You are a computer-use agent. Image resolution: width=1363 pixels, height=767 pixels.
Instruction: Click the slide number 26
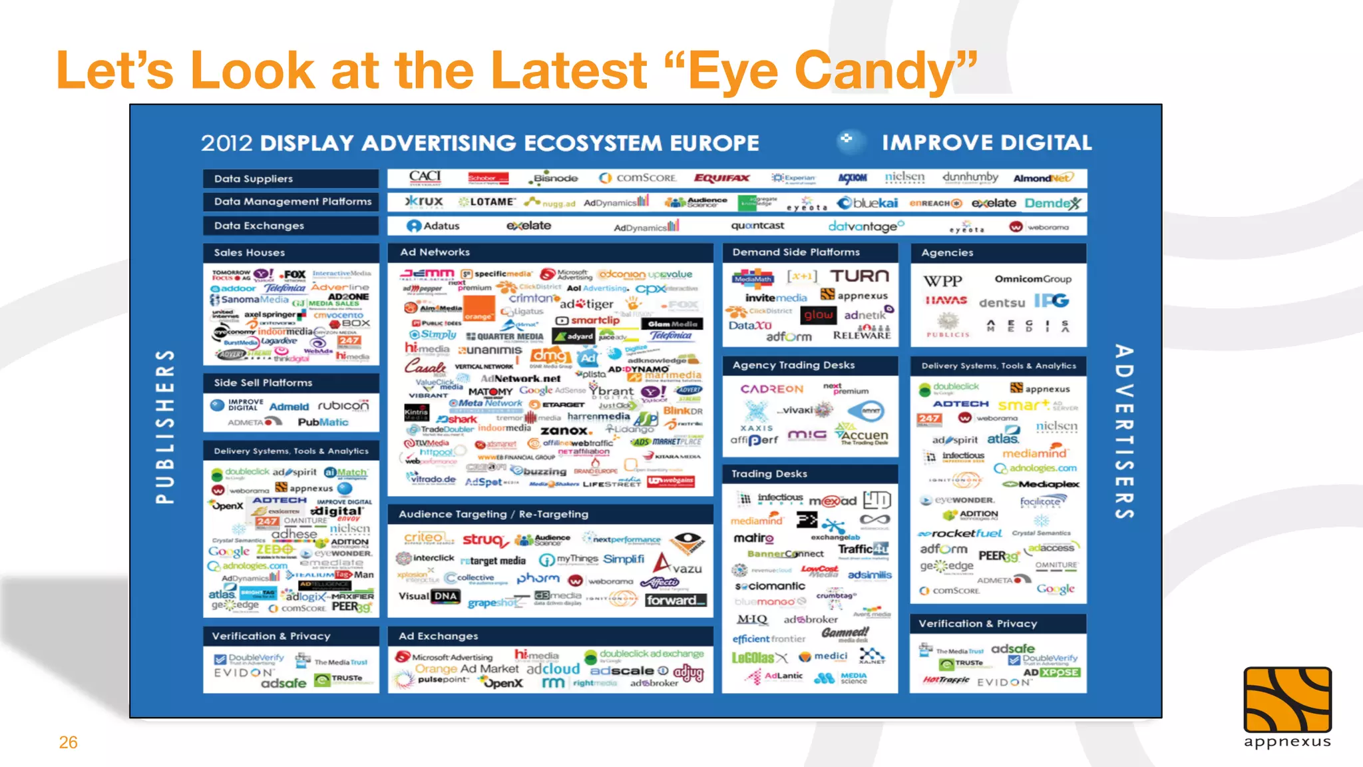tap(68, 742)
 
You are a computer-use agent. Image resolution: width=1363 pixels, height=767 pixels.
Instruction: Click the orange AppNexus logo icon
tap(1287, 700)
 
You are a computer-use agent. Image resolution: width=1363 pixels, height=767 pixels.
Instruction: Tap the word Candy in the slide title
tap(877, 70)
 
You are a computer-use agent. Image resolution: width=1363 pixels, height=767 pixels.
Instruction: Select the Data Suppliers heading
tap(254, 178)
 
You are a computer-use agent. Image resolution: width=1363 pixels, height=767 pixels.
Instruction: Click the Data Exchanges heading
tap(259, 226)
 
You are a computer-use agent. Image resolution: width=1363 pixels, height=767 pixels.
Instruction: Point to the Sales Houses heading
tap(250, 252)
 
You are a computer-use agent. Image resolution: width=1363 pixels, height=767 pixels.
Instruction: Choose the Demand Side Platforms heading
tap(796, 252)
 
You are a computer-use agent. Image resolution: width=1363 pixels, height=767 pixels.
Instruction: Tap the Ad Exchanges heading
tap(439, 636)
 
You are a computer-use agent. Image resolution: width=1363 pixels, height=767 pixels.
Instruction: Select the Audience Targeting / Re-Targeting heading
tap(493, 514)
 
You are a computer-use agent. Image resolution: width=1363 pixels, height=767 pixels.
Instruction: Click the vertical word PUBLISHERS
tap(165, 426)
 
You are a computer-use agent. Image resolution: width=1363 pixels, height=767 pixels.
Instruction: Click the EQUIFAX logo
tap(721, 178)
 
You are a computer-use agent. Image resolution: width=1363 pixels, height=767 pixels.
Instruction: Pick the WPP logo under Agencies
tap(943, 280)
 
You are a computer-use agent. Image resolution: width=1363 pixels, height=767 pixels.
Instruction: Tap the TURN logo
tap(859, 276)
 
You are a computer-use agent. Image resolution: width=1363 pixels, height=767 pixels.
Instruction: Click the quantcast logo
tap(757, 226)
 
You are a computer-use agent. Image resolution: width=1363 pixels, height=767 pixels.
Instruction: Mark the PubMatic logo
tap(323, 422)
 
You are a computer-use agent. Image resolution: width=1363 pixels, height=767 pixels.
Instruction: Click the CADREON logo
tap(772, 389)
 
